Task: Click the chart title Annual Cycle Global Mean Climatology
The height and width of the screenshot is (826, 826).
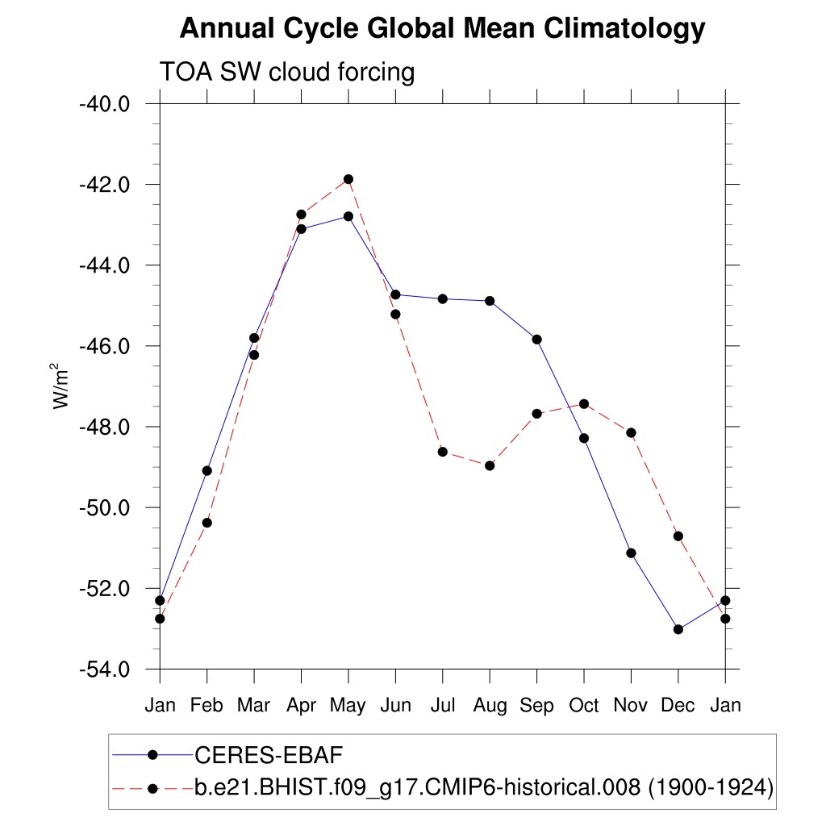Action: coord(442,29)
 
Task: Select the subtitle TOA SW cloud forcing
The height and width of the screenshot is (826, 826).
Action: coord(287,73)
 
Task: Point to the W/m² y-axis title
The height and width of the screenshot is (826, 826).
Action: coord(61,386)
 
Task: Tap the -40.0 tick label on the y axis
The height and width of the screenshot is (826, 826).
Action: coord(104,104)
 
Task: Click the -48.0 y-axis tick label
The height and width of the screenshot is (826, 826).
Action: coord(104,427)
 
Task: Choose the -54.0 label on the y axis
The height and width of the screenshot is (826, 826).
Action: coord(104,670)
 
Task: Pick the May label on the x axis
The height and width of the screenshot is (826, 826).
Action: coord(348,706)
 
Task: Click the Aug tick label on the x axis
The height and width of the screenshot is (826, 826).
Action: coord(490,706)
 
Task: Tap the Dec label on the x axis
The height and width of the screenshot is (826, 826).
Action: coord(678,706)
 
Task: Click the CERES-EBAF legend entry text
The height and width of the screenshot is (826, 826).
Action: coord(269,756)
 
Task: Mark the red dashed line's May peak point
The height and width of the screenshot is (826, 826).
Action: coord(348,179)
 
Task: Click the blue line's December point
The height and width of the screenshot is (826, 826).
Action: coord(678,629)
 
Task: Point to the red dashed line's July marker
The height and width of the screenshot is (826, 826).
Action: coord(443,452)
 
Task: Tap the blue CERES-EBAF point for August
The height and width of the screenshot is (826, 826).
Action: coord(490,301)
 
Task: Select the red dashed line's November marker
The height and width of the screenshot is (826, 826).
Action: coord(631,433)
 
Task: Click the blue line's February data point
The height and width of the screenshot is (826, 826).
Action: coord(207,470)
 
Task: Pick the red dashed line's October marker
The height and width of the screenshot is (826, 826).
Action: coord(584,403)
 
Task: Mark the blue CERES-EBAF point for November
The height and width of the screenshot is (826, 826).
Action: coord(631,553)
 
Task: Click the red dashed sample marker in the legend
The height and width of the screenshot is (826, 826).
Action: coord(152,787)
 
